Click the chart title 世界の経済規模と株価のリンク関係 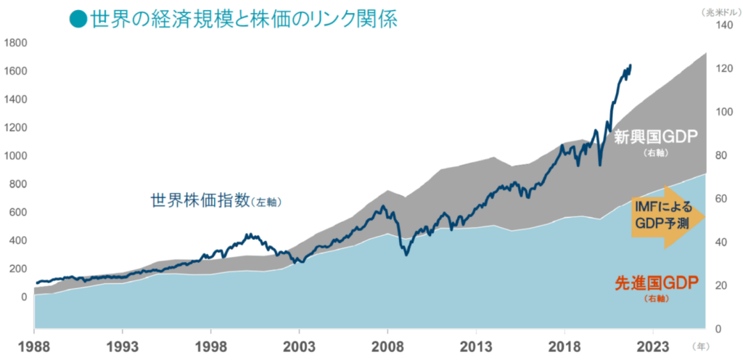pos(244,18)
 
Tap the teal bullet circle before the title pos(78,19)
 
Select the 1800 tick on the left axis pos(15,43)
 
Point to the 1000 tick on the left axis pos(15,156)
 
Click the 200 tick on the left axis pos(17,269)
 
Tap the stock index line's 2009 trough pos(406,254)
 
